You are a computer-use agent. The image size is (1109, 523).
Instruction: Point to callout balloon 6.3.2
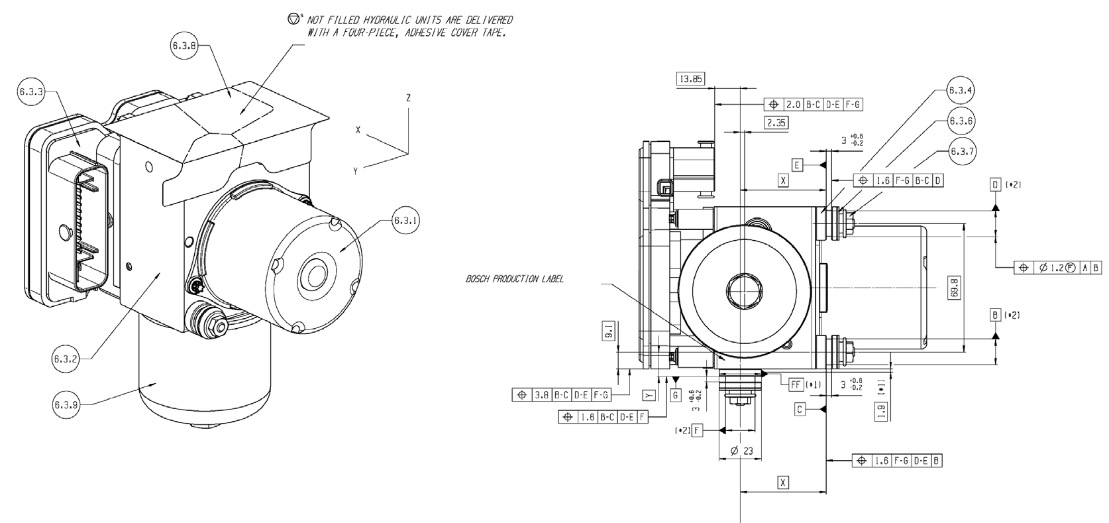[x=66, y=359]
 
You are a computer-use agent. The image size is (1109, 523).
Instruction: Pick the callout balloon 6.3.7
[x=961, y=151]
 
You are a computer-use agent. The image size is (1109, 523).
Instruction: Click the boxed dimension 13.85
[x=690, y=80]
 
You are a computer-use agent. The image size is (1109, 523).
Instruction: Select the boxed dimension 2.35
[x=774, y=123]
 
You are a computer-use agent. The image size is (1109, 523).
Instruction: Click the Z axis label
[x=409, y=98]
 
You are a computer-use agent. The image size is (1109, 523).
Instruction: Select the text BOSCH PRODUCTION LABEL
[x=515, y=279]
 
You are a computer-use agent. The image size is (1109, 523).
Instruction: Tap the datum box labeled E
[x=797, y=164]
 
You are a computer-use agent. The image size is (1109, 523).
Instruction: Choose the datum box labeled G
[x=676, y=395]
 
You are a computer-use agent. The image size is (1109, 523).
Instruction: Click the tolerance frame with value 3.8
[x=560, y=395]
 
